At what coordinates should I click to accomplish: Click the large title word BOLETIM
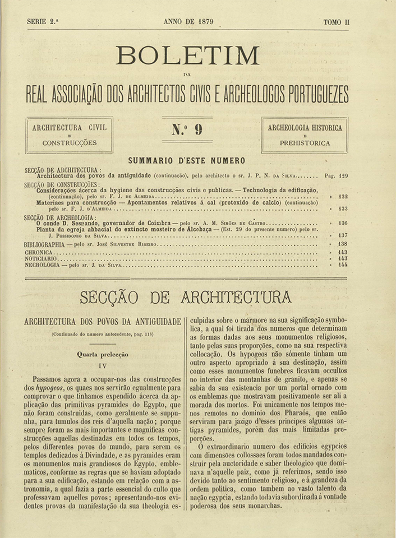click(188, 56)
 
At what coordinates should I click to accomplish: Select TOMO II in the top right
click(337, 22)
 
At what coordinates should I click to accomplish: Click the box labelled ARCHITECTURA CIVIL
click(70, 134)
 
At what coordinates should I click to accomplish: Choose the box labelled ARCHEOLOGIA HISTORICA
click(305, 134)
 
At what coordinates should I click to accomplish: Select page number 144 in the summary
click(342, 265)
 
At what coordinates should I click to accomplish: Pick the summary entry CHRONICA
click(39, 252)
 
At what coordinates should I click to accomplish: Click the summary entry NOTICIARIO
click(41, 258)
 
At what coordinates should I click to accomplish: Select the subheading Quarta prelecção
click(102, 354)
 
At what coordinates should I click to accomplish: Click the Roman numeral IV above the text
click(102, 365)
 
